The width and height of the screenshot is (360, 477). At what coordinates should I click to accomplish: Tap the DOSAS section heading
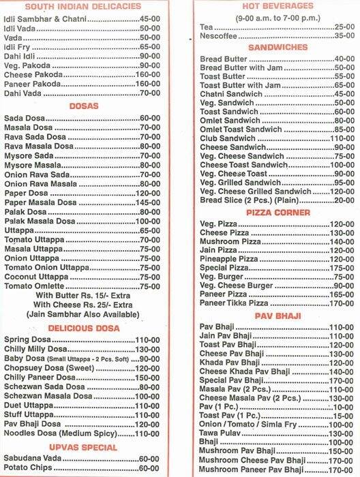pyautogui.click(x=84, y=106)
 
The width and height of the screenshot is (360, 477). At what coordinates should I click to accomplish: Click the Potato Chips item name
pyautogui.click(x=27, y=469)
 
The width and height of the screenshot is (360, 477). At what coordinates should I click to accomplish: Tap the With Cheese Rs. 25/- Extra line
pyautogui.click(x=85, y=305)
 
